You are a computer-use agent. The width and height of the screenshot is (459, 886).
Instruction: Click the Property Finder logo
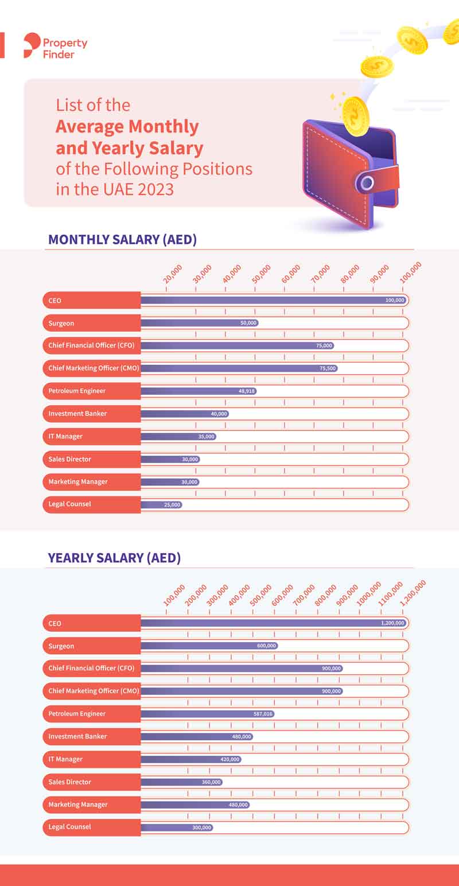(x=55, y=46)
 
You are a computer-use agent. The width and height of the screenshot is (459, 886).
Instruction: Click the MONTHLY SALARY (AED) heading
(x=122, y=239)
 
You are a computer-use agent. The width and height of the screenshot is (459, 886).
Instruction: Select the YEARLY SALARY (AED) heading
(x=114, y=557)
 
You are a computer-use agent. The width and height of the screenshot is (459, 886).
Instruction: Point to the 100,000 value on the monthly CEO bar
(x=395, y=300)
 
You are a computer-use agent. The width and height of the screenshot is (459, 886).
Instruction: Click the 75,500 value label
(x=327, y=368)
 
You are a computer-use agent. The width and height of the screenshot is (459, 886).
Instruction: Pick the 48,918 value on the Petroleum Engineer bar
(x=247, y=391)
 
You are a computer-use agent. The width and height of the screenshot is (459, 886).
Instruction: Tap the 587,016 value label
(x=264, y=714)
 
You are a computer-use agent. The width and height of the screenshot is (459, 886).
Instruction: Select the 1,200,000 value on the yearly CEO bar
(x=392, y=623)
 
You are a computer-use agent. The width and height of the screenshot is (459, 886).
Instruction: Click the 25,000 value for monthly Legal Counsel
(x=172, y=504)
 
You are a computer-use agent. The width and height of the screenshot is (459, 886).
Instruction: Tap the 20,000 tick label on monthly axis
(x=173, y=274)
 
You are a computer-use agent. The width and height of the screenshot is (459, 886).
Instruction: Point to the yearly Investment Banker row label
(x=77, y=736)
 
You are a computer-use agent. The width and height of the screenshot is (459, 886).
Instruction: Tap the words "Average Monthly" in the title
(x=127, y=126)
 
